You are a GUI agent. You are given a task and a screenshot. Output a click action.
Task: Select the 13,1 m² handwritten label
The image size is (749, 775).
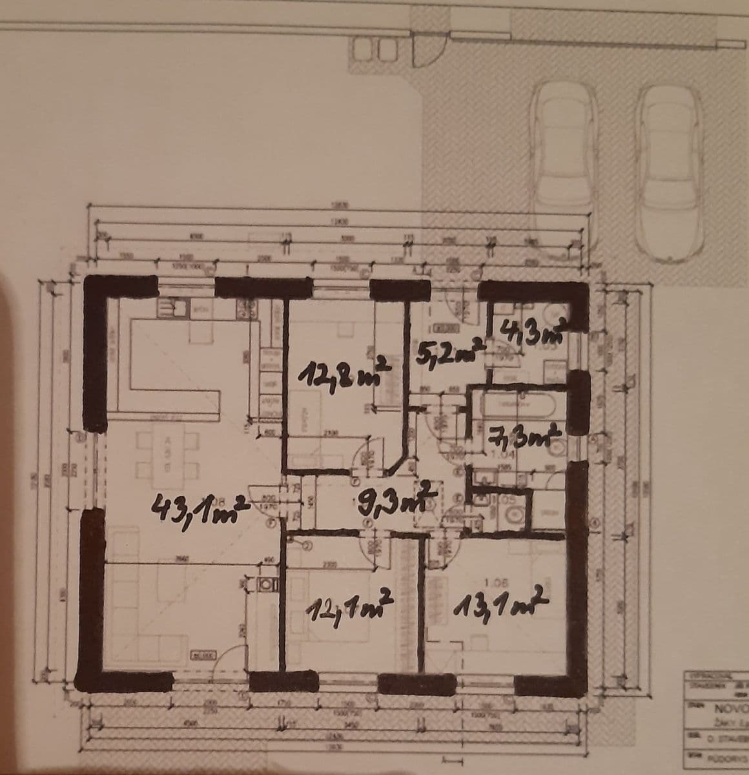tap(501, 603)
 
